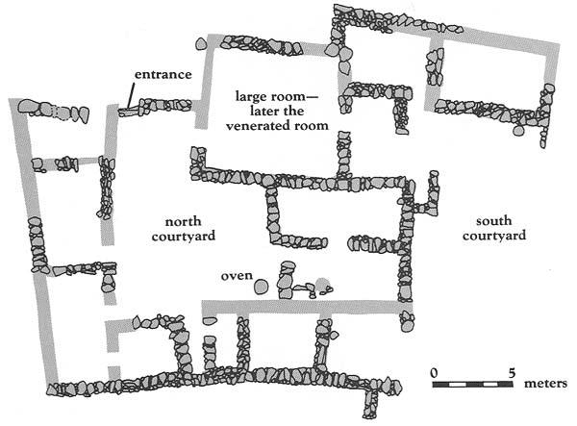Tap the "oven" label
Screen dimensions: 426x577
coord(236,276)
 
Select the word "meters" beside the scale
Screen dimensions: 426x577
coord(545,384)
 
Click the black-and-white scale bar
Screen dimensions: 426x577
coord(473,385)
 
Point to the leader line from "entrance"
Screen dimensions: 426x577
coord(127,96)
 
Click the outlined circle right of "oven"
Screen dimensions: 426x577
coord(262,288)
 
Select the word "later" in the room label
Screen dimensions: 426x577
coord(249,112)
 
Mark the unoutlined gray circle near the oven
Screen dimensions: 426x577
coord(324,285)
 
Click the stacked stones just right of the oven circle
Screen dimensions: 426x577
coord(283,282)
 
